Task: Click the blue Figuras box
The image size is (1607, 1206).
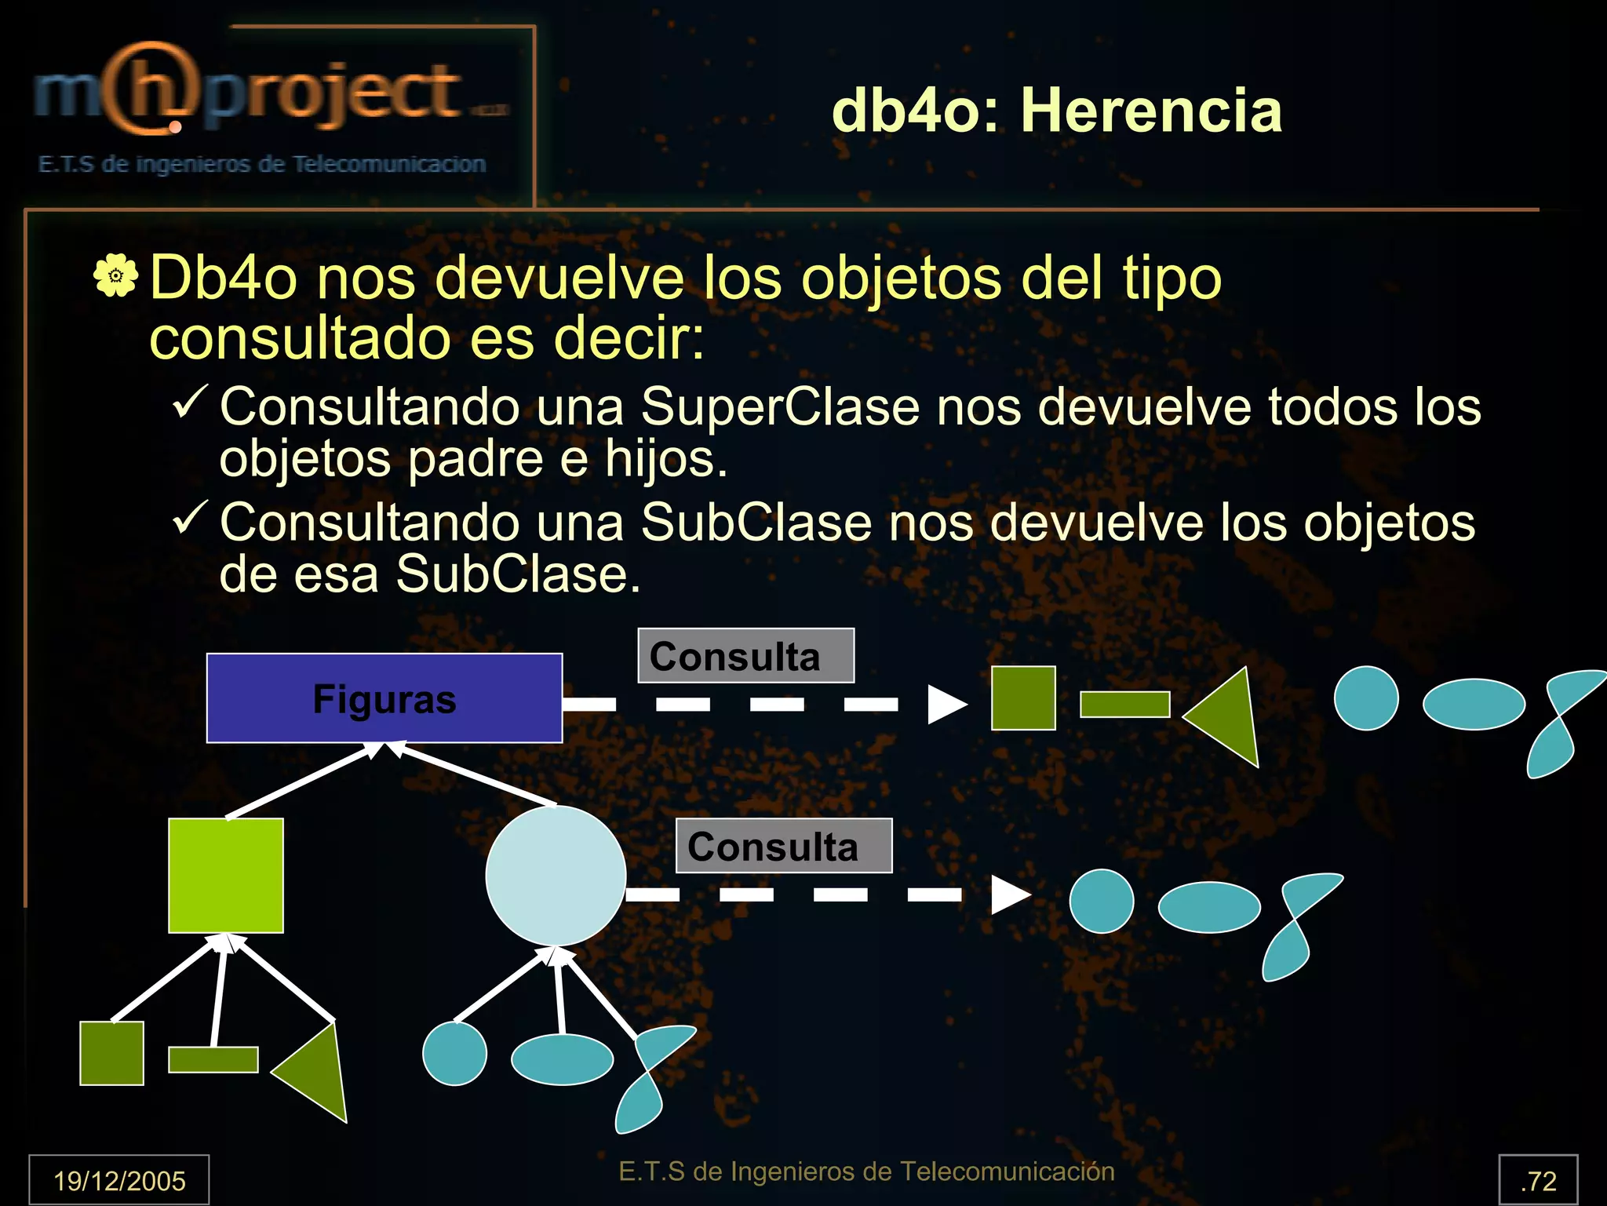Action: pyautogui.click(x=384, y=698)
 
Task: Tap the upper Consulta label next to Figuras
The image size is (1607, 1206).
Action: pyautogui.click(x=745, y=656)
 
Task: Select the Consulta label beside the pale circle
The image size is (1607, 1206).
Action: pyautogui.click(x=783, y=846)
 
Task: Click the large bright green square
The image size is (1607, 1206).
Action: pyautogui.click(x=226, y=876)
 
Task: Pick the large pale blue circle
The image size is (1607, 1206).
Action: pyautogui.click(x=556, y=876)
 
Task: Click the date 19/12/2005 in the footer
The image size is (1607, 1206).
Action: pyautogui.click(x=119, y=1180)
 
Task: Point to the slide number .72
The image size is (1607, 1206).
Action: pyautogui.click(x=1538, y=1180)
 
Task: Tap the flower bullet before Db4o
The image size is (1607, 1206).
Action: pyautogui.click(x=115, y=275)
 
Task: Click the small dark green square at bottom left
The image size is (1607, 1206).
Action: pyautogui.click(x=112, y=1053)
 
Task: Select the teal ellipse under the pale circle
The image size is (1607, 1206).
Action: pyautogui.click(x=562, y=1059)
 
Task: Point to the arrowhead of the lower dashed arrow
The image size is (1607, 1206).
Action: pyautogui.click(x=1011, y=894)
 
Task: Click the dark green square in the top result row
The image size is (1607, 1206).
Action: pyautogui.click(x=1023, y=698)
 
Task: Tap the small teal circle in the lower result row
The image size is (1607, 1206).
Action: pyautogui.click(x=1102, y=901)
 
